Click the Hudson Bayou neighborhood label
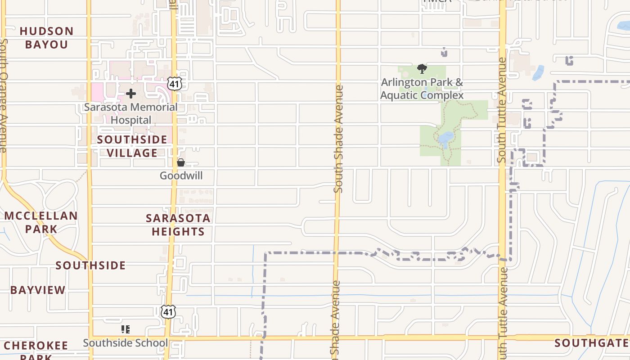[46, 38]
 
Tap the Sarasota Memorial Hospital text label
[130, 113]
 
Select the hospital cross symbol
[131, 94]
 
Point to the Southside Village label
[132, 146]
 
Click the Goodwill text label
[181, 175]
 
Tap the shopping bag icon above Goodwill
[180, 162]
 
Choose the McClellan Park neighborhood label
[41, 222]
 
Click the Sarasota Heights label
[178, 225]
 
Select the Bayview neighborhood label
[38, 290]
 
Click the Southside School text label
[125, 343]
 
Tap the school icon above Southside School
[126, 329]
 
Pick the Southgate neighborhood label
[592, 343]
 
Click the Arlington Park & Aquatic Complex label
[422, 89]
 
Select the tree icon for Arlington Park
[422, 69]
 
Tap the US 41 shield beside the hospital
[174, 84]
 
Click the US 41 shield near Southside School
[168, 311]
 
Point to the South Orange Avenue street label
[4, 94]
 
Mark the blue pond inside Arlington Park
[446, 139]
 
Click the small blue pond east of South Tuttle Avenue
[538, 73]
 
